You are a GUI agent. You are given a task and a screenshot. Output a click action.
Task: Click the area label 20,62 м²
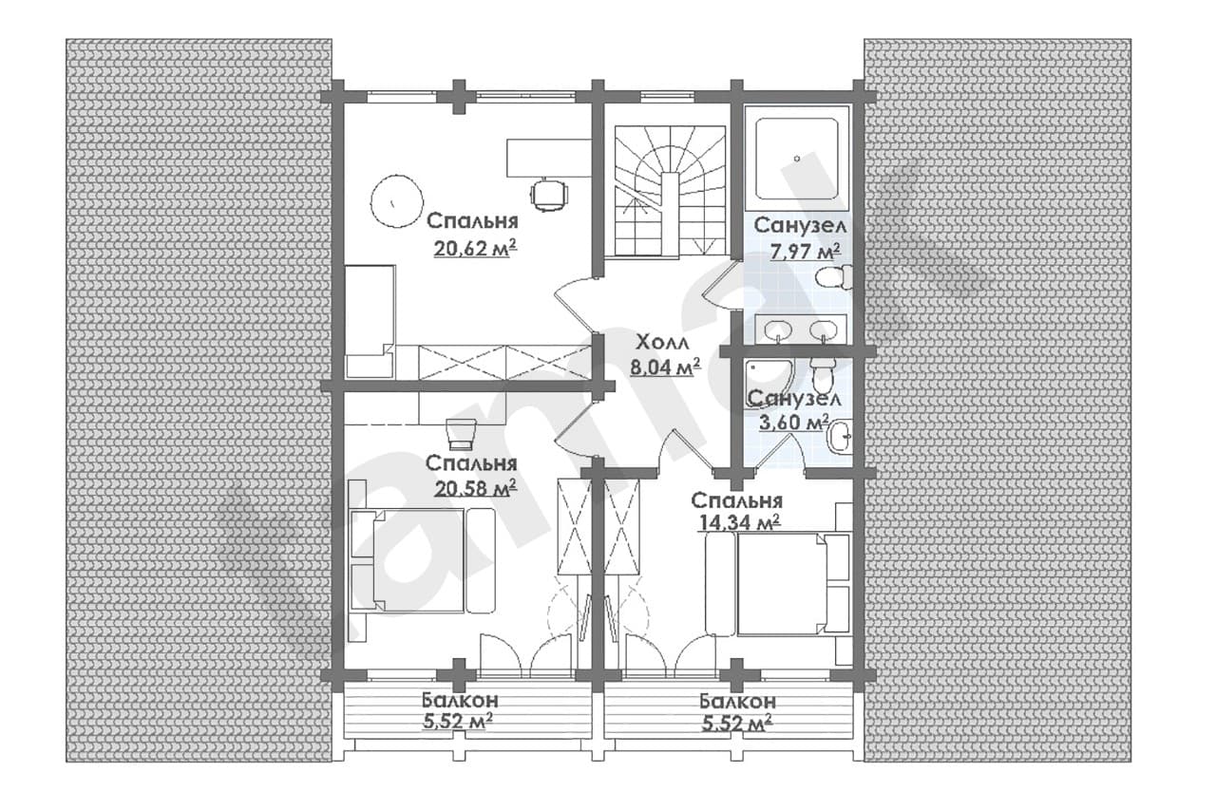point(475,249)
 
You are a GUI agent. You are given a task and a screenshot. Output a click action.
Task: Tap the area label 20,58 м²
point(475,488)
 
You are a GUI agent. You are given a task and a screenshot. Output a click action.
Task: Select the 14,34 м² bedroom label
point(740,522)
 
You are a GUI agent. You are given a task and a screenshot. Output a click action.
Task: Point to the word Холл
point(663,343)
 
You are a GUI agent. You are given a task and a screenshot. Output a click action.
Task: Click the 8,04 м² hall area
point(664,367)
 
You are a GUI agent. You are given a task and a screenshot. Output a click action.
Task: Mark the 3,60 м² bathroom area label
point(793,422)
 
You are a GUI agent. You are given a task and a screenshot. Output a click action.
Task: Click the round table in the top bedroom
point(396,201)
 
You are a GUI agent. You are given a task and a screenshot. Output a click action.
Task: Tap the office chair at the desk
point(549,195)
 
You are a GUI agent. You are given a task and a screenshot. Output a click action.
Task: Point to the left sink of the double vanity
point(777,329)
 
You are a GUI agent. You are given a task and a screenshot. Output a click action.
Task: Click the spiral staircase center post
point(670,216)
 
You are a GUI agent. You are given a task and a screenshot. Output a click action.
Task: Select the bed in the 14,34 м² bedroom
point(778,584)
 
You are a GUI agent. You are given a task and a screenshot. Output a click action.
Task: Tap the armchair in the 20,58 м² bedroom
point(462,433)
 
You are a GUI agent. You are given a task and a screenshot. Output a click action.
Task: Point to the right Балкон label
point(737,701)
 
